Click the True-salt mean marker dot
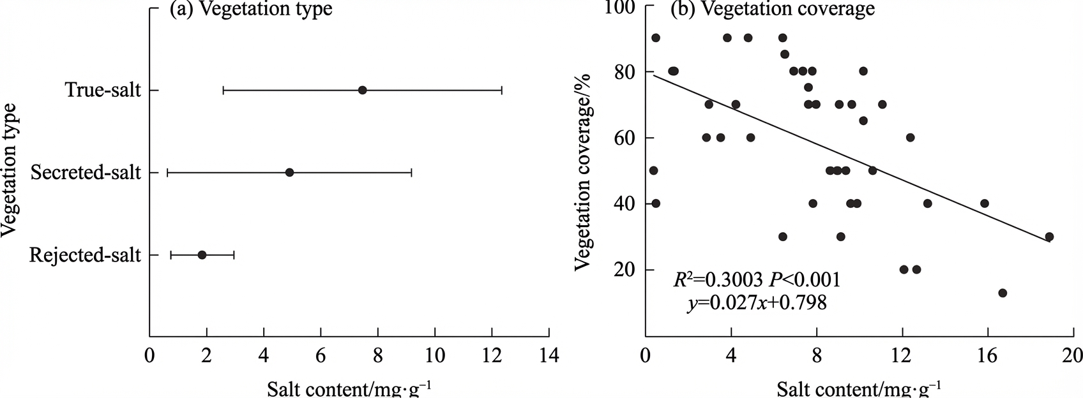(x=362, y=91)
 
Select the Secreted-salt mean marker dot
(x=290, y=172)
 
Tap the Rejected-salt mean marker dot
(x=202, y=255)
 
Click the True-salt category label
(x=103, y=90)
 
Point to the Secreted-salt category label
(x=86, y=172)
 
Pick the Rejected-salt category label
(x=85, y=255)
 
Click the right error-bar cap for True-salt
(x=501, y=91)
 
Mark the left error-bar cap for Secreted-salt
(x=167, y=172)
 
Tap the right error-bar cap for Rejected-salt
(x=234, y=255)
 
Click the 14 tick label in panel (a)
(x=549, y=356)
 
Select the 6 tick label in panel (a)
(x=321, y=356)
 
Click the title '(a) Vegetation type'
(x=250, y=9)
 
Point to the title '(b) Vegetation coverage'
(x=772, y=9)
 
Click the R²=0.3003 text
(x=718, y=279)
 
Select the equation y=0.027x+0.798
(x=757, y=303)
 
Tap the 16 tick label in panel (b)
(x=988, y=356)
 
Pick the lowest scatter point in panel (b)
(x=1003, y=293)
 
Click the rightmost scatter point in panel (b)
(x=1049, y=237)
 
